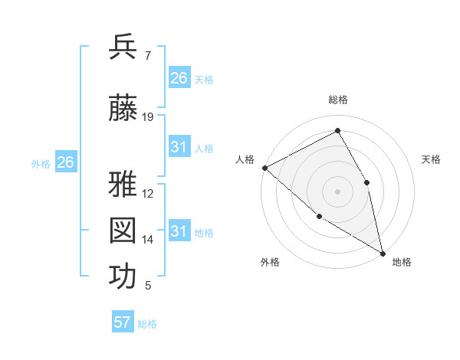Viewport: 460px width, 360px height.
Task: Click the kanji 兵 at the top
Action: coord(123,47)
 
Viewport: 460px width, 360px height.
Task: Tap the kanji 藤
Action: coord(123,109)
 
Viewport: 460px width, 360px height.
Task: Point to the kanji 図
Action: coord(123,231)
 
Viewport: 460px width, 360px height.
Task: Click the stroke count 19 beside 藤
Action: coord(148,117)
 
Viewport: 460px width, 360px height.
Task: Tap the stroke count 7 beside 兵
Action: coord(147,56)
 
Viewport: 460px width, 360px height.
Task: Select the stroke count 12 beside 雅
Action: coord(148,194)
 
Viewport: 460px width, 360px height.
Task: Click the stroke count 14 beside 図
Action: coord(148,240)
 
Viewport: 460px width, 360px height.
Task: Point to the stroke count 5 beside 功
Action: coord(147,286)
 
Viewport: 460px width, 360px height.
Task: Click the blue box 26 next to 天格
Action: coord(179,78)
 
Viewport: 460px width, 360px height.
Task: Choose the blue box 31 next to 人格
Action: coord(179,147)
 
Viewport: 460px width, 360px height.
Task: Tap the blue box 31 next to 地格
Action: coord(179,231)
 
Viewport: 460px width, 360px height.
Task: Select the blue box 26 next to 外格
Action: coord(66,162)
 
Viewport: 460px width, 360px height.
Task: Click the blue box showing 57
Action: coord(123,322)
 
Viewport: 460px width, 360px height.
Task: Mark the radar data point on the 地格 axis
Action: coord(383,253)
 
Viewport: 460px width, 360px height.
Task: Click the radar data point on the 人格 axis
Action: coord(264,167)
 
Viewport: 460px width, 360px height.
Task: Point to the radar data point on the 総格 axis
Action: coord(337,131)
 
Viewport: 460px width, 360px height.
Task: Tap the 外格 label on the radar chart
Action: coord(270,262)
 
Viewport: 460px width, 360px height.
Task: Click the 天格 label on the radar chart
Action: coord(432,159)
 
